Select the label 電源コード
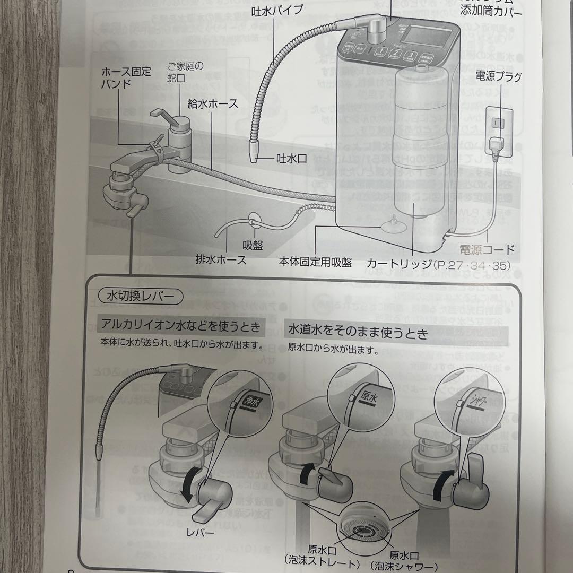pyautogui.click(x=487, y=249)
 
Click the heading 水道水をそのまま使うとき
pyautogui.click(x=358, y=333)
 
